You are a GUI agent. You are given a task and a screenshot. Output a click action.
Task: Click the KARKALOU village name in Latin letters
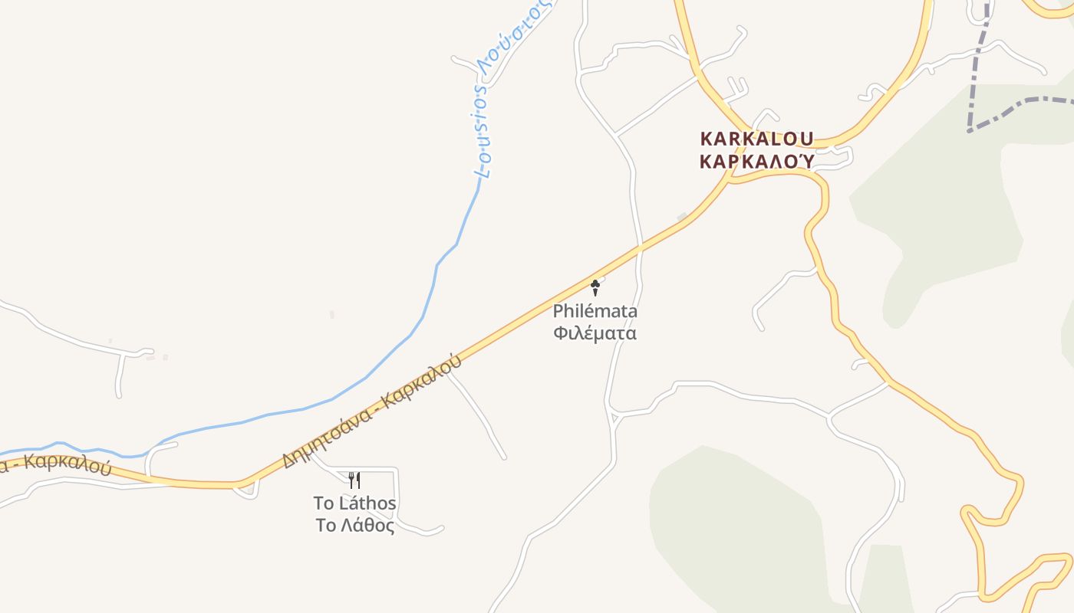[756, 139]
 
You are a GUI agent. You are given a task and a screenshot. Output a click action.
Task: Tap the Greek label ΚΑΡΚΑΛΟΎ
[757, 161]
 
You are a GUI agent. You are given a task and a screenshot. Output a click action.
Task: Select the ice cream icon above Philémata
[595, 287]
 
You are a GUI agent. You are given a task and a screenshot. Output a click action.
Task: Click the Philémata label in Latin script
[595, 312]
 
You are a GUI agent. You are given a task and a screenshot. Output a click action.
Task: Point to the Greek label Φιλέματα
[595, 333]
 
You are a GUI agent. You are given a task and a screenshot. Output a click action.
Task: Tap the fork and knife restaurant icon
[354, 480]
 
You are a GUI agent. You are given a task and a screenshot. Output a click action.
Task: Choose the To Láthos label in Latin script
[354, 503]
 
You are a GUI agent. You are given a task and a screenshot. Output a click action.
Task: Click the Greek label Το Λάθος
[354, 526]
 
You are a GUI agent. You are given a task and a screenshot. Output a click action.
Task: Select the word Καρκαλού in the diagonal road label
[424, 379]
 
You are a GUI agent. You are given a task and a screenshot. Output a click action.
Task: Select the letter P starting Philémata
[558, 312]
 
